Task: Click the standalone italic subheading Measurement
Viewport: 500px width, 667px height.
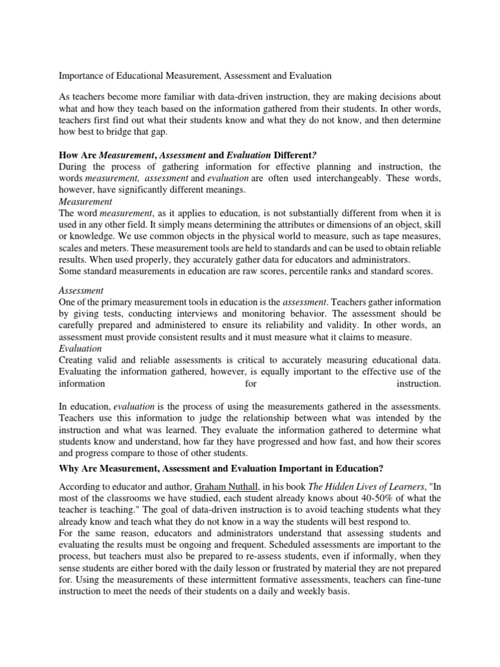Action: point(85,202)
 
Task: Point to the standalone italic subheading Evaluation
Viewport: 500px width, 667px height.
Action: point(80,348)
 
